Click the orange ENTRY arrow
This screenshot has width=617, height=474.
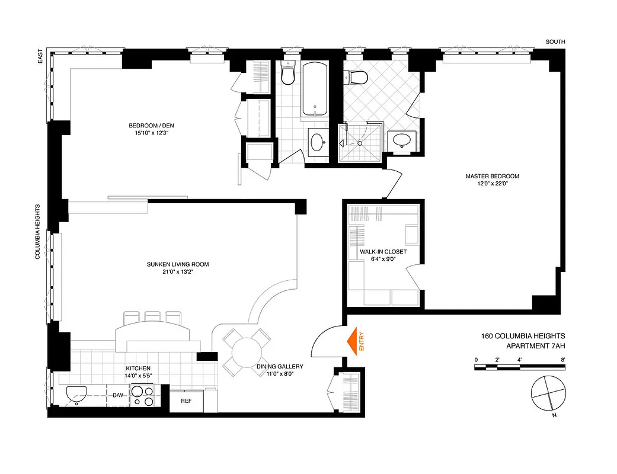coord(354,342)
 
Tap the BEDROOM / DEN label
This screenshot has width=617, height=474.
coord(151,125)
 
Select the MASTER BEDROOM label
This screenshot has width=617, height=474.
coord(492,176)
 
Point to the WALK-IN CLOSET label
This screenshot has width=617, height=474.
coord(383,252)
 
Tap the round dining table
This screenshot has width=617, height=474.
coord(247,353)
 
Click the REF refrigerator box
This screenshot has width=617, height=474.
coord(186,401)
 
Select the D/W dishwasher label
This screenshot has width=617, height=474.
coord(119,395)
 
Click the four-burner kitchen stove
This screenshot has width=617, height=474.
coord(142,396)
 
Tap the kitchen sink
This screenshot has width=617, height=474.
coord(76,393)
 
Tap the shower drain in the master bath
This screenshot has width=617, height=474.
coord(360,143)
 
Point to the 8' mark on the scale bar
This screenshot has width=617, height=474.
coord(562,359)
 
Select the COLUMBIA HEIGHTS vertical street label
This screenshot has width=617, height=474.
coord(37,231)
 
